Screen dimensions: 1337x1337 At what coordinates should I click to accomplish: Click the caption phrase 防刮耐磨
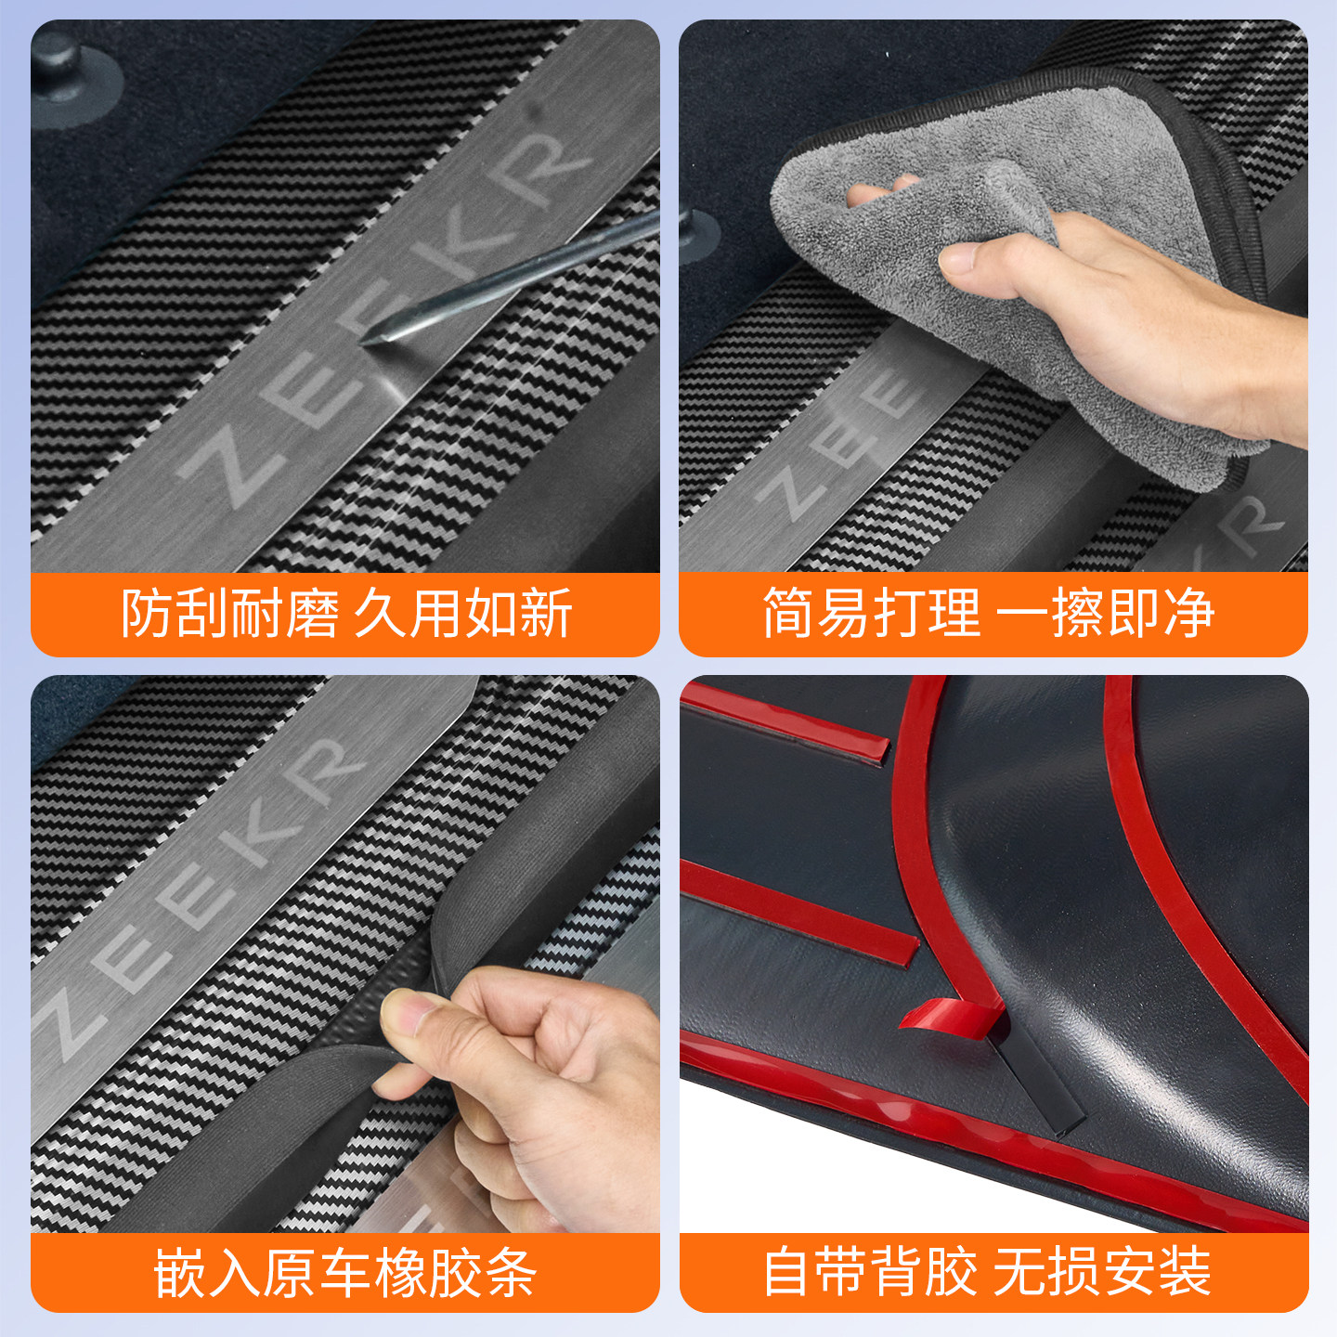pos(230,614)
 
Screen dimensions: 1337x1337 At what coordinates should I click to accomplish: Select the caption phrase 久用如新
pos(462,614)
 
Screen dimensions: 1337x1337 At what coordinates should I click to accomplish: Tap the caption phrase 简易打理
pos(872,614)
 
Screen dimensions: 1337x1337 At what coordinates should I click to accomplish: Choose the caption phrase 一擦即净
pos(1105,614)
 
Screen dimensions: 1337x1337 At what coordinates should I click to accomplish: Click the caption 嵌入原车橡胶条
pos(345,1272)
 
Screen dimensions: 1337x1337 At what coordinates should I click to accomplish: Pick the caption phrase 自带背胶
pos(870,1272)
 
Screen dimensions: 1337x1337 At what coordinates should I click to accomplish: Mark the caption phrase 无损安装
pos(1103,1272)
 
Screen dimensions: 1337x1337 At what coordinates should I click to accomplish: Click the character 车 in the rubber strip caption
pos(345,1272)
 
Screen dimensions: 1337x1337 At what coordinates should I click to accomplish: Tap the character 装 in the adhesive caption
pos(1186,1272)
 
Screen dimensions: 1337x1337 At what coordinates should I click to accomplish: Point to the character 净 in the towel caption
pos(1188,614)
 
